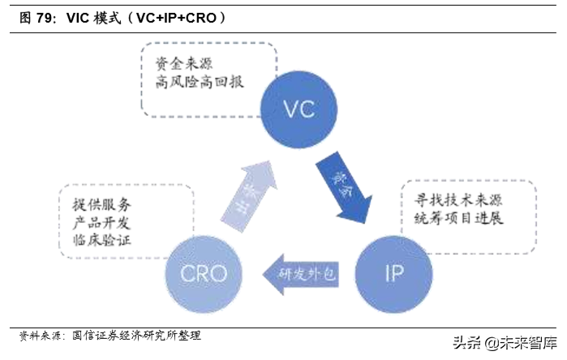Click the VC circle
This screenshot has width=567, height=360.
[x=299, y=109]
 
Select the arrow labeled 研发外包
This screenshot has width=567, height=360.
[x=299, y=274]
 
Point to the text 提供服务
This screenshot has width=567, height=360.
[x=96, y=205]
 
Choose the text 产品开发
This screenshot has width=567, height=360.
[x=96, y=223]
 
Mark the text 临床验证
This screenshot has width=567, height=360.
[x=96, y=241]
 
